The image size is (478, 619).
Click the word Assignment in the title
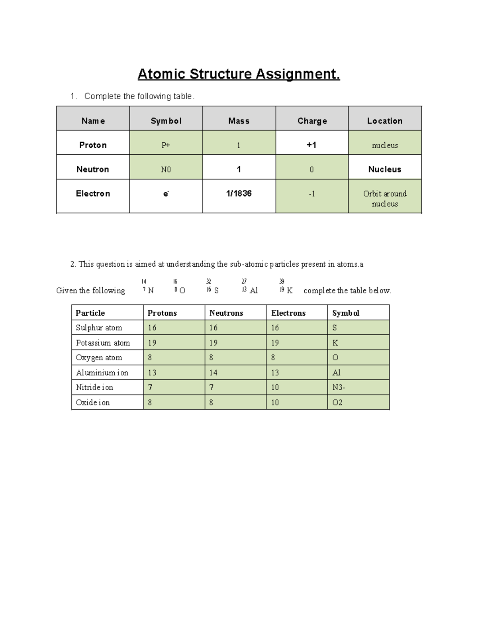coord(298,74)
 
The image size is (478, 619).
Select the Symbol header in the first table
coord(166,121)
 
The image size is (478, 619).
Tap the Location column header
coord(384,121)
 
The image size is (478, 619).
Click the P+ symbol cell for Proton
coord(166,145)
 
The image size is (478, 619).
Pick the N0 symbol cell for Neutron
coord(166,169)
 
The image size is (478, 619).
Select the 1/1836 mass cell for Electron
coord(239,194)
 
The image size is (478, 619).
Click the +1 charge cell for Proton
coord(311,145)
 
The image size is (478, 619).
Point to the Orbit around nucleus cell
coord(384,198)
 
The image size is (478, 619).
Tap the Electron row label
coord(93,194)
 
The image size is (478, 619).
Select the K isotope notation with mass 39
coord(286,288)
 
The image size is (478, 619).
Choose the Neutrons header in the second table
coord(226,313)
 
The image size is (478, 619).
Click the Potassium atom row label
coord(103,343)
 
